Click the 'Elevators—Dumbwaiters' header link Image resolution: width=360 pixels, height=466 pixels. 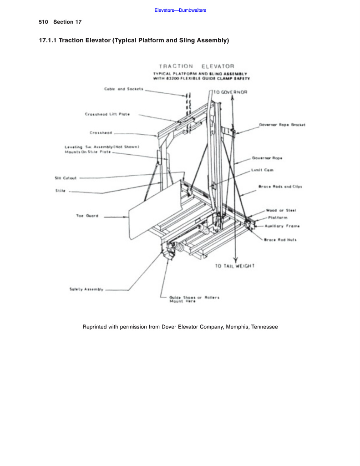pyautogui.click(x=180, y=10)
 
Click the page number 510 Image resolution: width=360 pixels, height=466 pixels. pyautogui.click(x=43, y=22)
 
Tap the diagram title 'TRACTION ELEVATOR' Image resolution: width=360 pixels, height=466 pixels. pyautogui.click(x=197, y=66)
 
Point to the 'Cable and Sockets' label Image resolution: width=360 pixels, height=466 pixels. pyautogui.click(x=124, y=89)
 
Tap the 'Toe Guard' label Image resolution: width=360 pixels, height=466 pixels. pyautogui.click(x=87, y=216)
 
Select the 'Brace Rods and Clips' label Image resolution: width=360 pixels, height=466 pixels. pyautogui.click(x=280, y=187)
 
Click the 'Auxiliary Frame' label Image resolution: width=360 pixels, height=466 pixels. pyautogui.click(x=282, y=226)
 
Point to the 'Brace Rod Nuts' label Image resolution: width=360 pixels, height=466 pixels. pyautogui.click(x=280, y=240)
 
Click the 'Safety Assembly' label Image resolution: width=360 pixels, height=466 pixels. pyautogui.click(x=86, y=289)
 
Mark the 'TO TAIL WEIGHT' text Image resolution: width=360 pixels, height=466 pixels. pyautogui.click(x=235, y=266)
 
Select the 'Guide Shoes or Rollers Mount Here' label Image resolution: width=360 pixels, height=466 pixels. pyautogui.click(x=194, y=299)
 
